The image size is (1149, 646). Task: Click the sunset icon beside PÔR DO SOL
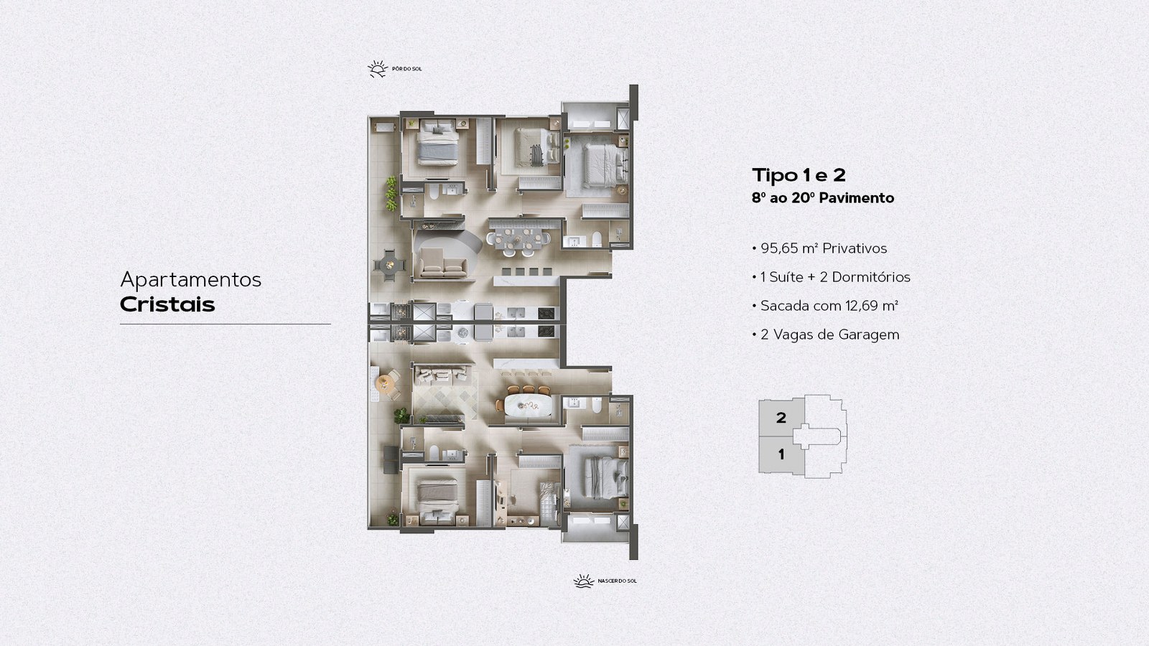pyautogui.click(x=378, y=69)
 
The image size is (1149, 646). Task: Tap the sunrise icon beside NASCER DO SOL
pyautogui.click(x=584, y=581)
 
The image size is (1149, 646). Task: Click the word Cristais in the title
pyautogui.click(x=167, y=304)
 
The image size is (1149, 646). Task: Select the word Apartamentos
pyautogui.click(x=191, y=280)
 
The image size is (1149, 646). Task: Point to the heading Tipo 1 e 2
pyautogui.click(x=799, y=175)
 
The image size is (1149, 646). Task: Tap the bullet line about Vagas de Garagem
pyautogui.click(x=826, y=334)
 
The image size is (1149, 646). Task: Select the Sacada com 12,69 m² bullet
pyautogui.click(x=825, y=306)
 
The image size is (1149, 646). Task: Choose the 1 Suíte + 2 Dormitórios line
pyautogui.click(x=832, y=277)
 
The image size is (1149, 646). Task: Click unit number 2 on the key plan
pyautogui.click(x=781, y=418)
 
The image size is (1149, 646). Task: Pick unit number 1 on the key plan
pyautogui.click(x=781, y=454)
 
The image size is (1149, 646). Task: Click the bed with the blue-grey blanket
pyautogui.click(x=437, y=143)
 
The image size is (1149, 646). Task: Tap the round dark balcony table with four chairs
pyautogui.click(x=390, y=265)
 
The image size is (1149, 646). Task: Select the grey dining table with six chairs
pyautogui.click(x=518, y=240)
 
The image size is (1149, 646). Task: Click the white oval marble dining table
pyautogui.click(x=528, y=405)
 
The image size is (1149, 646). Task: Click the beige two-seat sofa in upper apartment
pyautogui.click(x=443, y=266)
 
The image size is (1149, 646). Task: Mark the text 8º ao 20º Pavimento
pyautogui.click(x=823, y=198)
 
